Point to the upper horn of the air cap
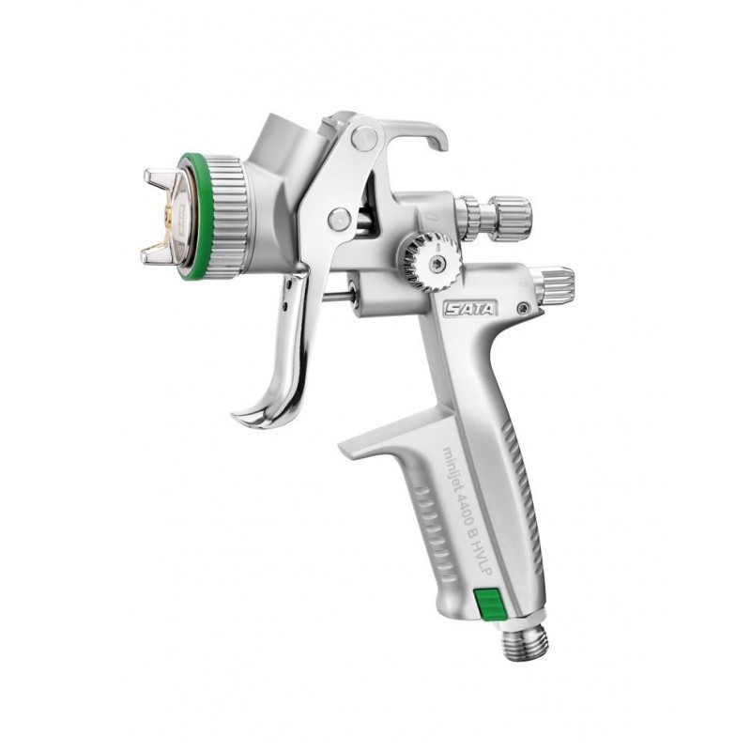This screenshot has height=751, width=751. click(x=159, y=176)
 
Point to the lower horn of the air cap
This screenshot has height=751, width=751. click(x=157, y=253)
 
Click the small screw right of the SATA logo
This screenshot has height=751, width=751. click(x=523, y=306)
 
